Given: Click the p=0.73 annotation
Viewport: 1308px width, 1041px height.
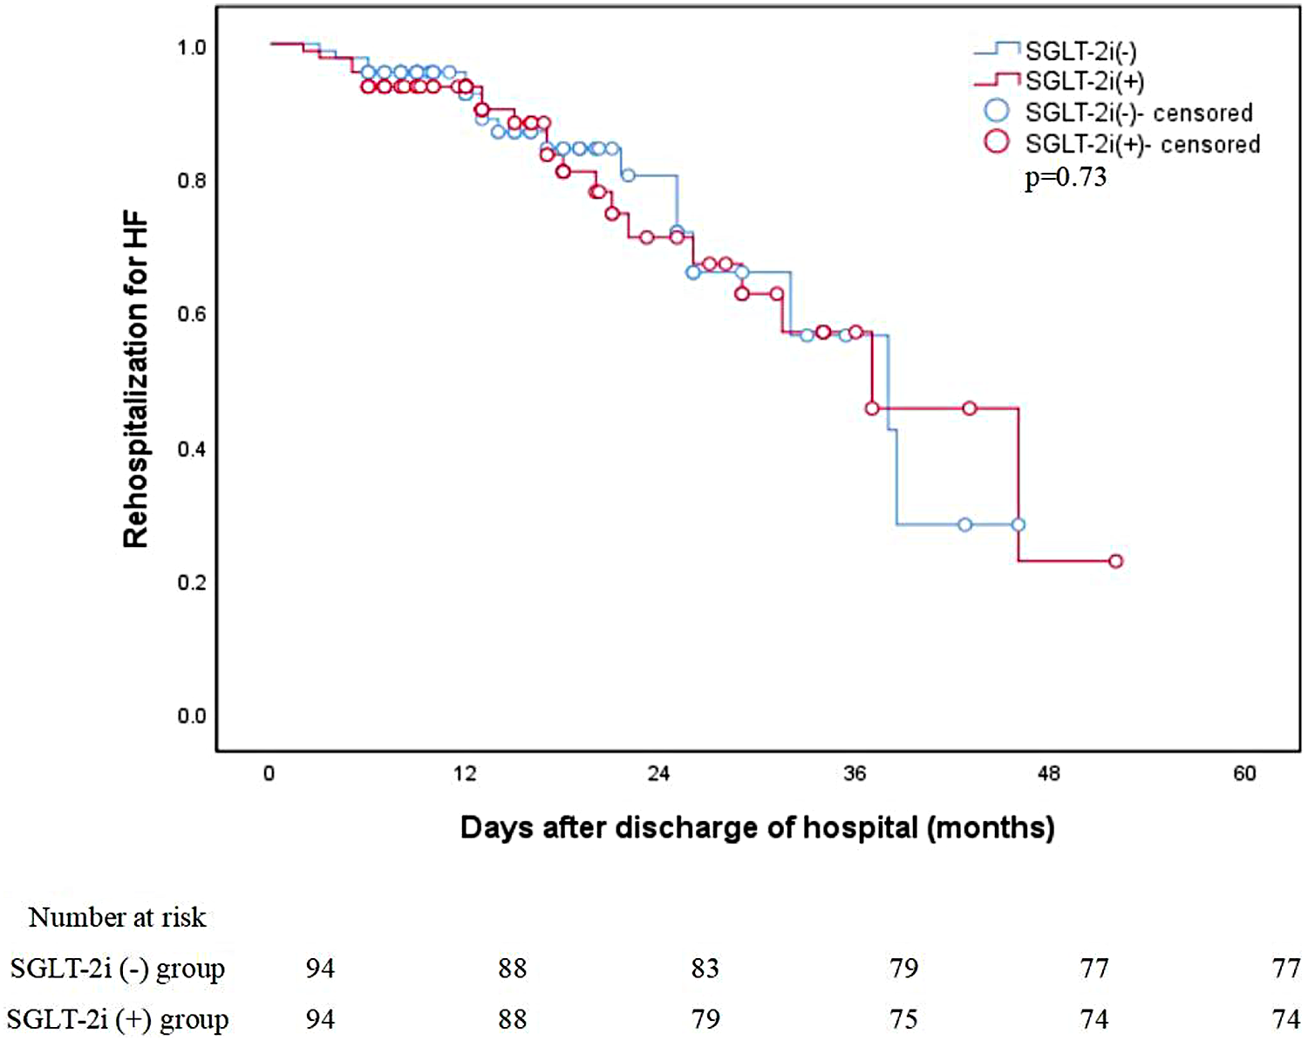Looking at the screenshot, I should pos(1065,177).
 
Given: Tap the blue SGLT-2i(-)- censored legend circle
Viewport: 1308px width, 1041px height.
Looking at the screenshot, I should pos(997,111).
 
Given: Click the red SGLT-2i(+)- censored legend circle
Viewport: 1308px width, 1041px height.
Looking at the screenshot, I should pos(997,141).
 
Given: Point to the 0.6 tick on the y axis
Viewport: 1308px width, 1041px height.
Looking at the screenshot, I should pos(192,314).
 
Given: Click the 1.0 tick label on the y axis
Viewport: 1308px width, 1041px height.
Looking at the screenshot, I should pos(192,47).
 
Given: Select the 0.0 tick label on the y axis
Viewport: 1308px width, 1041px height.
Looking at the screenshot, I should pos(192,716).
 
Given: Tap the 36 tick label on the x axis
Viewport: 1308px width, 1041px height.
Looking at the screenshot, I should pos(855,773).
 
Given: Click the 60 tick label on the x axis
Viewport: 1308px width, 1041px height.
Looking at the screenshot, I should pos(1244,773).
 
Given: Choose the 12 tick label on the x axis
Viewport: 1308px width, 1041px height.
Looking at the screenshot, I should pos(465,773).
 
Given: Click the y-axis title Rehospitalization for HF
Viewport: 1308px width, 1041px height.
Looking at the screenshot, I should pos(136,381).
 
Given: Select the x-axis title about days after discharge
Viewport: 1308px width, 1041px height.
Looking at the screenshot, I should pos(757,826).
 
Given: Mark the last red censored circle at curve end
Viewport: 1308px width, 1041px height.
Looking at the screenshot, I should pos(1115,561).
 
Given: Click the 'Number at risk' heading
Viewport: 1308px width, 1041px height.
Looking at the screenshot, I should pos(117,917).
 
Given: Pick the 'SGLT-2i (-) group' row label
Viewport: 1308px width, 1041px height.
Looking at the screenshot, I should pos(117,969).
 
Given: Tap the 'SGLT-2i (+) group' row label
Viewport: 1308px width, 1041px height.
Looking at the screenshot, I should pos(117,1019).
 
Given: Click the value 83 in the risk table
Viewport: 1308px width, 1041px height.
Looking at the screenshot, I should pos(705,969).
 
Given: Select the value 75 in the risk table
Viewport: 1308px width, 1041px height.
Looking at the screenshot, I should pos(903,1019).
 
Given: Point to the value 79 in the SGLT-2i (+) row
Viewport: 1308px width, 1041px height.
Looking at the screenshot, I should pos(705,1019).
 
